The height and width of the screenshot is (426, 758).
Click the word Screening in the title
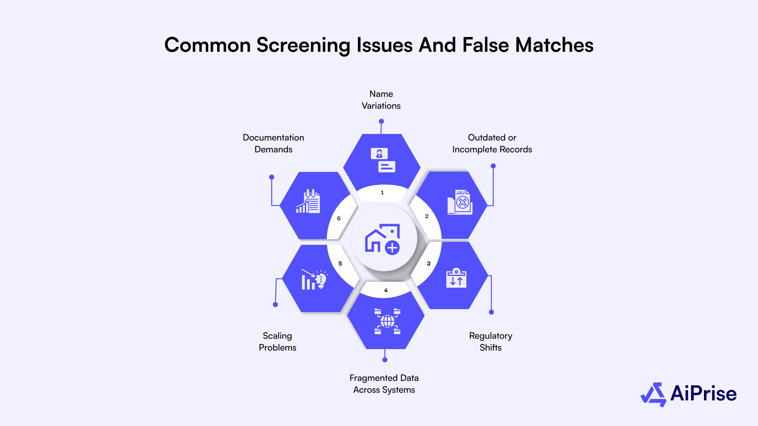pos(303,45)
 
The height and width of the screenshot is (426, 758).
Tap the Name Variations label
pos(381,100)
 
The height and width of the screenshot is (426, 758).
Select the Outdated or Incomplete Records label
pos(492,143)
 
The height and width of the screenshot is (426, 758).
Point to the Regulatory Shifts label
pos(490,342)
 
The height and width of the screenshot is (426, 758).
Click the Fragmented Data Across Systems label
pos(384,384)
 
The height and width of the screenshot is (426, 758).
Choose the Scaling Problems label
pos(277,342)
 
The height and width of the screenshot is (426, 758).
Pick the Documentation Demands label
pos(273,143)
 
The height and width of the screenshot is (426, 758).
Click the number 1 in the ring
pos(382,193)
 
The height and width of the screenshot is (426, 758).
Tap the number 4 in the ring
pos(386,290)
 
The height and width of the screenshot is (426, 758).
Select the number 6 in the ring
pos(339,219)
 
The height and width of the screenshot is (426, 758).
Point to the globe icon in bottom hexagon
pos(387,321)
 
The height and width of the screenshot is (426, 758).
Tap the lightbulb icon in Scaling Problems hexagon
pos(321,280)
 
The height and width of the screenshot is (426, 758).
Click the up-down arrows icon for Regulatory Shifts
pos(456,278)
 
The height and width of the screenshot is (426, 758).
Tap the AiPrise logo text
pos(703,393)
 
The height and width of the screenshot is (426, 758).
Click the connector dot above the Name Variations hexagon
pos(381,121)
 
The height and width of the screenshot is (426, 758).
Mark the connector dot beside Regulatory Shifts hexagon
pos(492,312)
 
